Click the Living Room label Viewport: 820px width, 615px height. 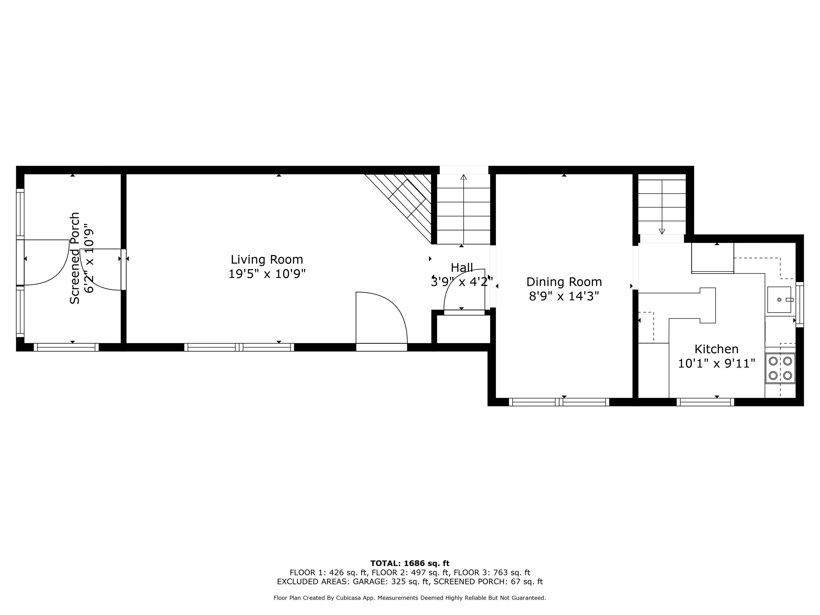point(266,259)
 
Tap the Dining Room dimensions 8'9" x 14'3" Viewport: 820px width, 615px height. point(564,297)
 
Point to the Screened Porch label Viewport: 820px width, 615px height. point(75,258)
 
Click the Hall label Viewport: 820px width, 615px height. point(462,268)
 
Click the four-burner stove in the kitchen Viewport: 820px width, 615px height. point(780,368)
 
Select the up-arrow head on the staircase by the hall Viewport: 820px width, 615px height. point(463,177)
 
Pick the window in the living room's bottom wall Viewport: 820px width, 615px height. point(239,347)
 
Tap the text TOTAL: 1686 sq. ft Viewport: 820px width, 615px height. point(410,563)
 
